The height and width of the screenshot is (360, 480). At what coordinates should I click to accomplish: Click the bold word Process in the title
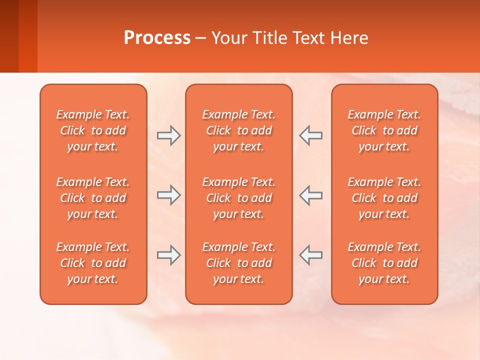pos(157,38)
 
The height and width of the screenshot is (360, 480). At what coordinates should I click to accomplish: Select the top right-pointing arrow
pos(168,135)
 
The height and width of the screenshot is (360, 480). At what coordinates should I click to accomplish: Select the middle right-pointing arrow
pos(168,195)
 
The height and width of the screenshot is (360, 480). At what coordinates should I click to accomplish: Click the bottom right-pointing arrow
pos(168,255)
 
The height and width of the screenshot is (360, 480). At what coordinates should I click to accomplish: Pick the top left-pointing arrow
pos(311,135)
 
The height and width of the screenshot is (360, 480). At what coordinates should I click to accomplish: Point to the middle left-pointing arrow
pos(311,195)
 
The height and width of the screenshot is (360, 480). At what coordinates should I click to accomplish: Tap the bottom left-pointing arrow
pos(311,255)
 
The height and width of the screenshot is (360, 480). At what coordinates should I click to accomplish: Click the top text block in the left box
pos(93,130)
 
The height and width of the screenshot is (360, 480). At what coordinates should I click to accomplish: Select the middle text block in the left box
pos(93,198)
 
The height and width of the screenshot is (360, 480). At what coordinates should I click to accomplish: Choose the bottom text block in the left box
pos(93,263)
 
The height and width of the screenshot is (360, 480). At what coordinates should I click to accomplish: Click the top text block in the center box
pos(238,130)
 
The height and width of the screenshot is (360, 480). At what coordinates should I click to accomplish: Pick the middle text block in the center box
pos(238,198)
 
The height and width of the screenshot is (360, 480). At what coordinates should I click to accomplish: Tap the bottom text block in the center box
pos(238,263)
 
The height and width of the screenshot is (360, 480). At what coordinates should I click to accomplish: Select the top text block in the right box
pos(384,130)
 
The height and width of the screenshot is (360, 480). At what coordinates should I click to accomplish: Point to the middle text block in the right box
pos(384,198)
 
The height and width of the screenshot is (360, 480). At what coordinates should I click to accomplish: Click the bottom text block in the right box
pos(384,263)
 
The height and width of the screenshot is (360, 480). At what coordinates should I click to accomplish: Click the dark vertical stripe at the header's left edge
pos(9,36)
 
